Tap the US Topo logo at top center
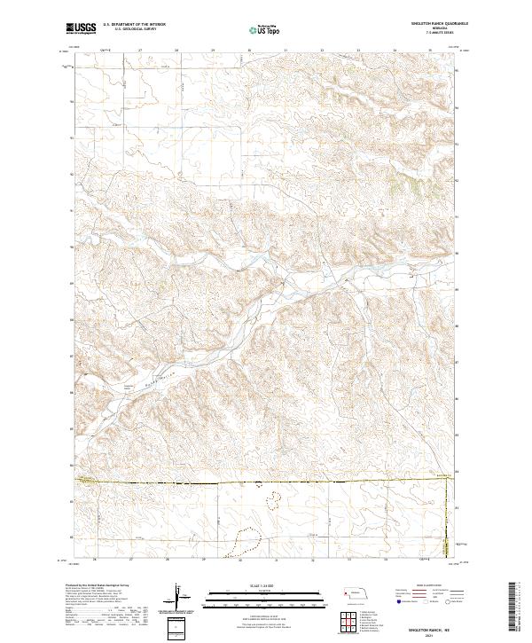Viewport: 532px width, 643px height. tap(265, 29)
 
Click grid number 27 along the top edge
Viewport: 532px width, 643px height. tap(141, 51)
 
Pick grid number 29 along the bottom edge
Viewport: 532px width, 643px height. tap(203, 560)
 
